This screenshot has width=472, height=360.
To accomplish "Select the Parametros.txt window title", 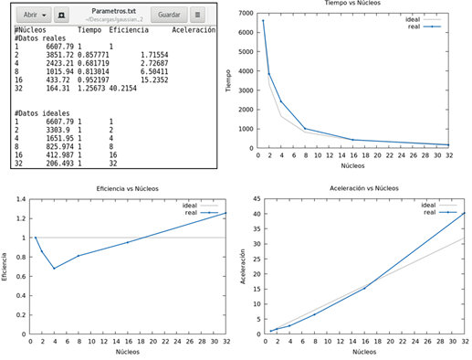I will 112,12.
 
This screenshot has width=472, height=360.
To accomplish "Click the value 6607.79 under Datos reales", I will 60,46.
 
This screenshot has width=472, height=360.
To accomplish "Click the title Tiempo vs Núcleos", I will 351,5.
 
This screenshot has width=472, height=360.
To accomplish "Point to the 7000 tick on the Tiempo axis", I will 244,12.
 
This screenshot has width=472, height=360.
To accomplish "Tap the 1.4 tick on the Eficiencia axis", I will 19,198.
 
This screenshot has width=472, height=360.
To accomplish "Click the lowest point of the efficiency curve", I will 54,268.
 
